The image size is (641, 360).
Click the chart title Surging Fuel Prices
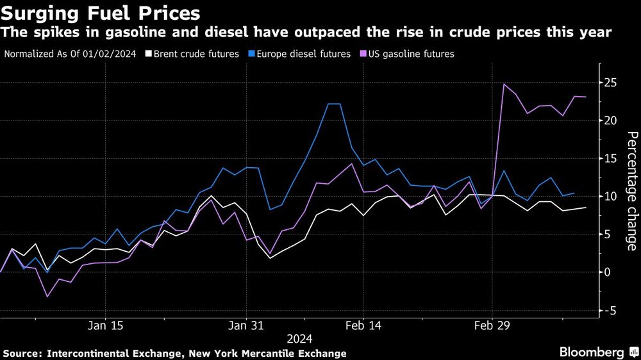click(x=101, y=13)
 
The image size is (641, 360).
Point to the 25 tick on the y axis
click(x=613, y=83)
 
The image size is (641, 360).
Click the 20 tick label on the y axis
click(x=613, y=120)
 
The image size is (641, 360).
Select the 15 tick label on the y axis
click(x=613, y=158)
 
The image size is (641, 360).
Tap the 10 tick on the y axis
click(x=613, y=196)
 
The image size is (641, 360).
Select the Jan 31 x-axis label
click(x=247, y=325)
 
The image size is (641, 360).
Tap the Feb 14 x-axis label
click(x=363, y=325)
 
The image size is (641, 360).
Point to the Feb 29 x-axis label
click(x=492, y=325)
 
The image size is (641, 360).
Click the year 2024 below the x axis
click(x=299, y=338)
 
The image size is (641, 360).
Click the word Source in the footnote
click(x=21, y=353)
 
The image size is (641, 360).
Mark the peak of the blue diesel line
click(x=333, y=104)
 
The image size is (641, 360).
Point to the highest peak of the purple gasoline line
click(x=504, y=84)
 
